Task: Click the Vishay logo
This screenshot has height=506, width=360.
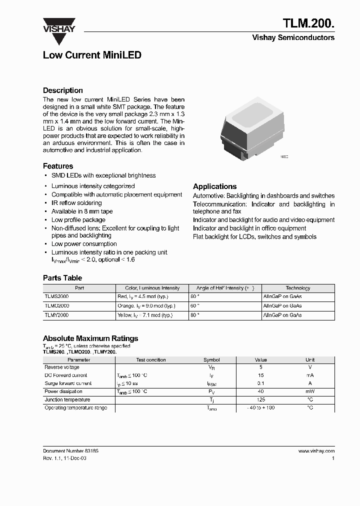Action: (58, 25)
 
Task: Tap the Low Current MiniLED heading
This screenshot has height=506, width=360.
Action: (92, 55)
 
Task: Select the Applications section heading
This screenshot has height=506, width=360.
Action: (214, 186)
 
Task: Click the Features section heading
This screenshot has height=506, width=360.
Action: (58, 166)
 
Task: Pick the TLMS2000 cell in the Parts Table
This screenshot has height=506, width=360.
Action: (57, 296)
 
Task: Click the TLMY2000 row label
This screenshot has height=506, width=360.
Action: (57, 315)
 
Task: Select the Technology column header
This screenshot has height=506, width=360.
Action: (297, 288)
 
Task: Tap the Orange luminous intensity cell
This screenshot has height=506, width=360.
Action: (146, 305)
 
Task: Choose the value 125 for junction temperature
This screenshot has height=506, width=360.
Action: (261, 399)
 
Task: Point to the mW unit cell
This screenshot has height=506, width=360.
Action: (310, 391)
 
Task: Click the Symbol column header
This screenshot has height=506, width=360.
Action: (211, 359)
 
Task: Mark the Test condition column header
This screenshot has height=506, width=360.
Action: (151, 359)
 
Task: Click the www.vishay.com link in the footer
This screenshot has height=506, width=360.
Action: (316, 451)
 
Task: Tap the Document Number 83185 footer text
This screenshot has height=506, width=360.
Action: (70, 451)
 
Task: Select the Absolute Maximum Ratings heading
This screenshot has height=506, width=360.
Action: (90, 338)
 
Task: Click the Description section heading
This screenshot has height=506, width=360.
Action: (63, 90)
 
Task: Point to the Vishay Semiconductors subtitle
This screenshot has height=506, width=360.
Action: (293, 37)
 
